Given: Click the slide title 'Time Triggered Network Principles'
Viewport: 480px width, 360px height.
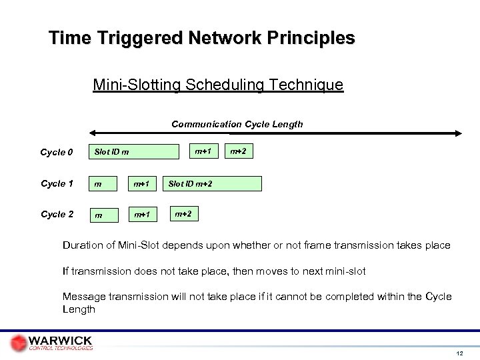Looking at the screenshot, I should pyautogui.click(x=202, y=37).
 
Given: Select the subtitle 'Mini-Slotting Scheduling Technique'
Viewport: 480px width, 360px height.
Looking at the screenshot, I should pyautogui.click(x=218, y=85).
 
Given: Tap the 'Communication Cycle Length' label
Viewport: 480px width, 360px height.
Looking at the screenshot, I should pyautogui.click(x=237, y=124).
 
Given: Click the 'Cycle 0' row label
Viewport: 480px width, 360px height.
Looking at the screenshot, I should pyautogui.click(x=57, y=153).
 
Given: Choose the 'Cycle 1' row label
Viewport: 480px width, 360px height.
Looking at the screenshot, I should pyautogui.click(x=57, y=184).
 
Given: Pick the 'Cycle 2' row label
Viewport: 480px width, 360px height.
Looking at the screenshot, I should pyautogui.click(x=57, y=215).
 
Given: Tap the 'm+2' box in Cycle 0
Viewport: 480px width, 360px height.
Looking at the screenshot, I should pyautogui.click(x=238, y=152).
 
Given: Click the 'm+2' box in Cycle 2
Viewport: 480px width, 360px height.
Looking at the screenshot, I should pyautogui.click(x=183, y=213).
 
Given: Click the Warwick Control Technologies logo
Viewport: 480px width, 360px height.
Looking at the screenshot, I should pyautogui.click(x=51, y=339).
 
